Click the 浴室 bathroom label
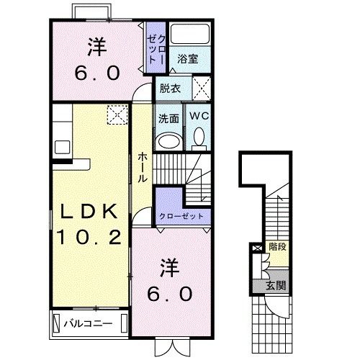(188, 59)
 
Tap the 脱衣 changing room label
(170, 89)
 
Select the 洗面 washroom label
(168, 119)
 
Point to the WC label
(199, 116)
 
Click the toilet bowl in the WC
(199, 137)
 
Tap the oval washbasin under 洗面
(168, 141)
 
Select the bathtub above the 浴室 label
(190, 34)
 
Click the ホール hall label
(143, 167)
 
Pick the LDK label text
(89, 211)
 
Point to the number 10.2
(89, 237)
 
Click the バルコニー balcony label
(88, 324)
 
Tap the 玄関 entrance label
(276, 286)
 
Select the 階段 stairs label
(277, 247)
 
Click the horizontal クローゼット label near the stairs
(181, 216)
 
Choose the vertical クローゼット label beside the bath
(156, 49)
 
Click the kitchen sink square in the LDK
(63, 147)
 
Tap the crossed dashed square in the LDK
(117, 114)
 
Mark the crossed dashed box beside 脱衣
(202, 89)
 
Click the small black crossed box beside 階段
(257, 248)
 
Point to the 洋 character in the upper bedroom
(97, 47)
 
